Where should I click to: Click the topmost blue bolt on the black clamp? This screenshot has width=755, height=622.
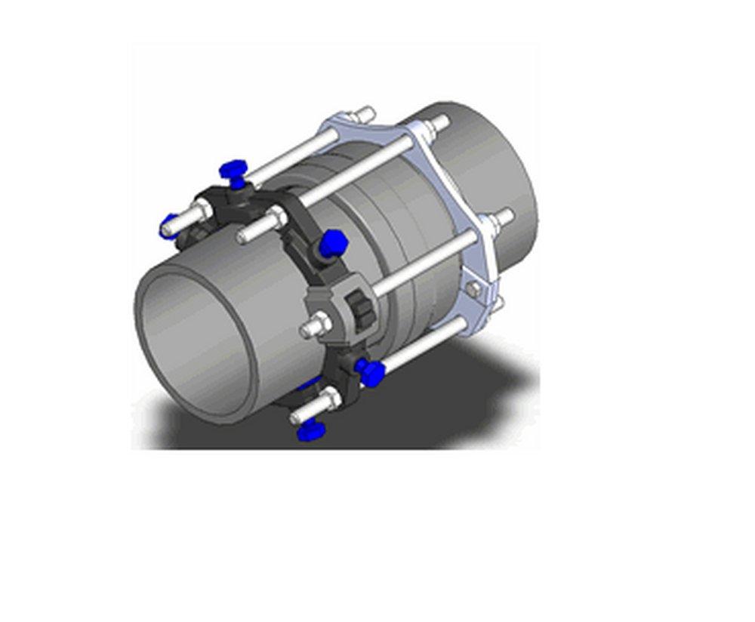click(x=233, y=171)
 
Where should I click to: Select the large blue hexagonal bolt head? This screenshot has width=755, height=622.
click(x=333, y=244)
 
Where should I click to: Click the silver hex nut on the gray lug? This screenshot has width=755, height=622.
click(x=318, y=329)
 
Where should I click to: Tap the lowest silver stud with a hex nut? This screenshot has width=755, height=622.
click(x=302, y=411)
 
